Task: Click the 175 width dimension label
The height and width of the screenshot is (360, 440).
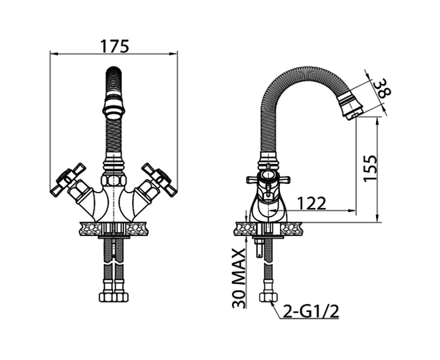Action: pos(114,46)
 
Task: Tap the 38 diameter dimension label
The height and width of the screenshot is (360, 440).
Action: pos(383,88)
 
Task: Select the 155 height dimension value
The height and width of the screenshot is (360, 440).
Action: pos(370,168)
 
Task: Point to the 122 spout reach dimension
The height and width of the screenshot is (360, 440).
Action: pos(311,203)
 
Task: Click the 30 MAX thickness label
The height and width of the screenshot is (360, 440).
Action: pos(239,278)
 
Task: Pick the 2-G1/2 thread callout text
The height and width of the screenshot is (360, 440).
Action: pos(310,311)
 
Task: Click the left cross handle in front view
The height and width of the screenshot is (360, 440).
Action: pos(68,178)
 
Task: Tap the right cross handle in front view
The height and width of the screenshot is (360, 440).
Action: pos(159,178)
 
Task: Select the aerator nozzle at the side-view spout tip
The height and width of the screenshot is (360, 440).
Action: pos(351,106)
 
